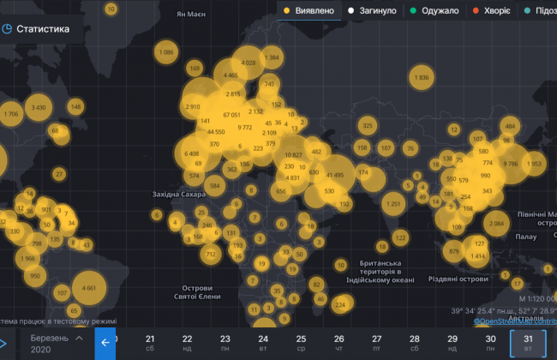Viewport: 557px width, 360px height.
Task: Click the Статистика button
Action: pyautogui.click(x=41, y=28)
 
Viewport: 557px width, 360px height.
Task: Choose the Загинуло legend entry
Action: pyautogui.click(x=374, y=11)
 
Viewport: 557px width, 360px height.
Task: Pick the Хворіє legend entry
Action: pyautogui.click(x=493, y=11)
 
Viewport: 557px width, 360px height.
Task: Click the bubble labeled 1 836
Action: pyautogui.click(x=421, y=78)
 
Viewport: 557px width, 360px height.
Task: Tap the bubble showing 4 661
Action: pyautogui.click(x=89, y=288)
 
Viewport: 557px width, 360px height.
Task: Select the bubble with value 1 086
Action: pyautogui.click(x=166, y=52)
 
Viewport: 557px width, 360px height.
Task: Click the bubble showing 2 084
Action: pyautogui.click(x=495, y=224)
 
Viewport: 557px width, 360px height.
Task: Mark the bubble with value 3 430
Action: pyautogui.click(x=39, y=107)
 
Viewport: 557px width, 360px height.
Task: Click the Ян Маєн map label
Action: pyautogui.click(x=193, y=15)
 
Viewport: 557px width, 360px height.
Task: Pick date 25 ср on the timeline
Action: pyautogui.click(x=301, y=344)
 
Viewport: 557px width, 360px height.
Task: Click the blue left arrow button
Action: pyautogui.click(x=105, y=343)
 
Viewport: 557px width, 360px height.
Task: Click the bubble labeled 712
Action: pyautogui.click(x=211, y=255)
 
